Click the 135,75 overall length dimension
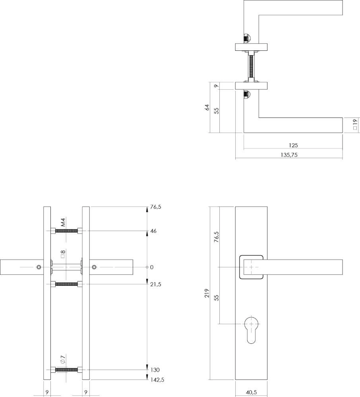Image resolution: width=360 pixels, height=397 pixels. pyautogui.click(x=289, y=155)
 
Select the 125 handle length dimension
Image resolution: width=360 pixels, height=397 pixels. pyautogui.click(x=294, y=146)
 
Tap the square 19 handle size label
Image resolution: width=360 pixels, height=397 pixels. pyautogui.click(x=355, y=125)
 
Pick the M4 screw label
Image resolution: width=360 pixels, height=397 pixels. pyautogui.click(x=63, y=222)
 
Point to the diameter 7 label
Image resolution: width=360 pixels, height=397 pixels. pyautogui.click(x=63, y=360)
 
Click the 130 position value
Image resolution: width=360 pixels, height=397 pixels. pyautogui.click(x=155, y=370)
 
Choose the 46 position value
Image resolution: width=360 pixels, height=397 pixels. pyautogui.click(x=154, y=231)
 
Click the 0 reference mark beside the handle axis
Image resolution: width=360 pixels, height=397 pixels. pyautogui.click(x=151, y=267)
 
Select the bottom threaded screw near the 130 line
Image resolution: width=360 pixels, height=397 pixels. pyautogui.click(x=66, y=370)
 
